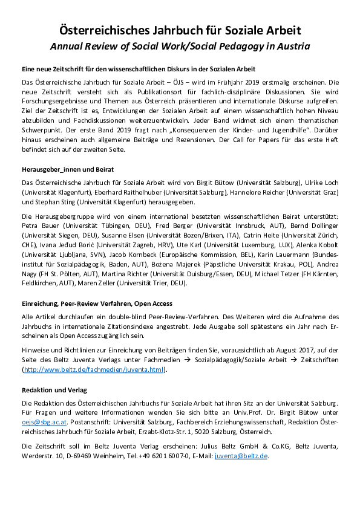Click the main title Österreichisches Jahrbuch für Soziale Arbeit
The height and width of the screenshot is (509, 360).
[180, 30]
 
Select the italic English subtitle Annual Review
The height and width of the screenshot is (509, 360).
[180, 46]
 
